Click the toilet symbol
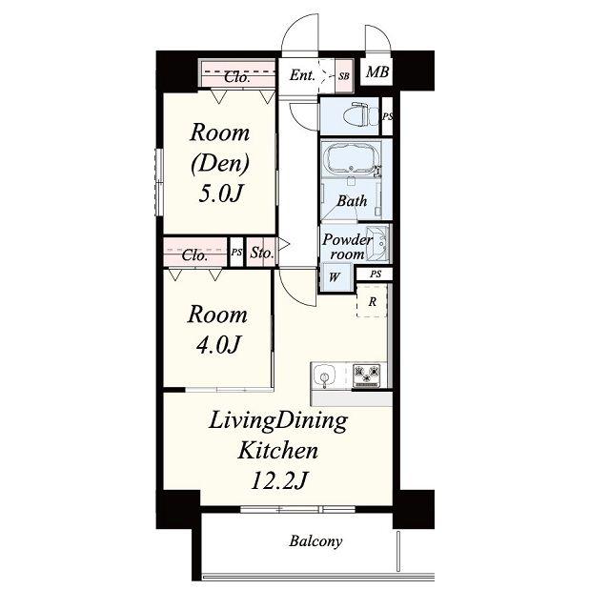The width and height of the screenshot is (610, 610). click(x=361, y=114)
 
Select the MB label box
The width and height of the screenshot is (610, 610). click(x=377, y=71)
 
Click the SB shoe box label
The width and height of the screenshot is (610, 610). click(x=343, y=76)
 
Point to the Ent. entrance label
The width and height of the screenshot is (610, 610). click(x=302, y=75)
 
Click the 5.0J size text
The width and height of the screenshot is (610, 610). click(x=220, y=193)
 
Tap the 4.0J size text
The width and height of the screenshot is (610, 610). click(x=218, y=345)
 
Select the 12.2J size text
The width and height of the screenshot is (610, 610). click(x=279, y=480)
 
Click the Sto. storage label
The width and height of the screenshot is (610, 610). click(x=262, y=253)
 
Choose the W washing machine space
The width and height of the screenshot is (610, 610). click(x=335, y=277)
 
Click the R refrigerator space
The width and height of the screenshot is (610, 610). click(x=373, y=301)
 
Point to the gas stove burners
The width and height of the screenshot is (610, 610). click(x=366, y=376)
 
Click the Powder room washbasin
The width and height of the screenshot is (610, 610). click(x=377, y=244)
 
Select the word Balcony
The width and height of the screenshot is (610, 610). click(x=315, y=541)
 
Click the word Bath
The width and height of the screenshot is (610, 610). click(x=352, y=201)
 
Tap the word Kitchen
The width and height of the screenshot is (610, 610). click(x=278, y=451)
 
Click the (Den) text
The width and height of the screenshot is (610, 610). click(x=220, y=163)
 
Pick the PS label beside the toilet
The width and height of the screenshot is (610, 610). click(x=388, y=116)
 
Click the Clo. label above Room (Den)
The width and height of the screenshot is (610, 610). click(x=237, y=77)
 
